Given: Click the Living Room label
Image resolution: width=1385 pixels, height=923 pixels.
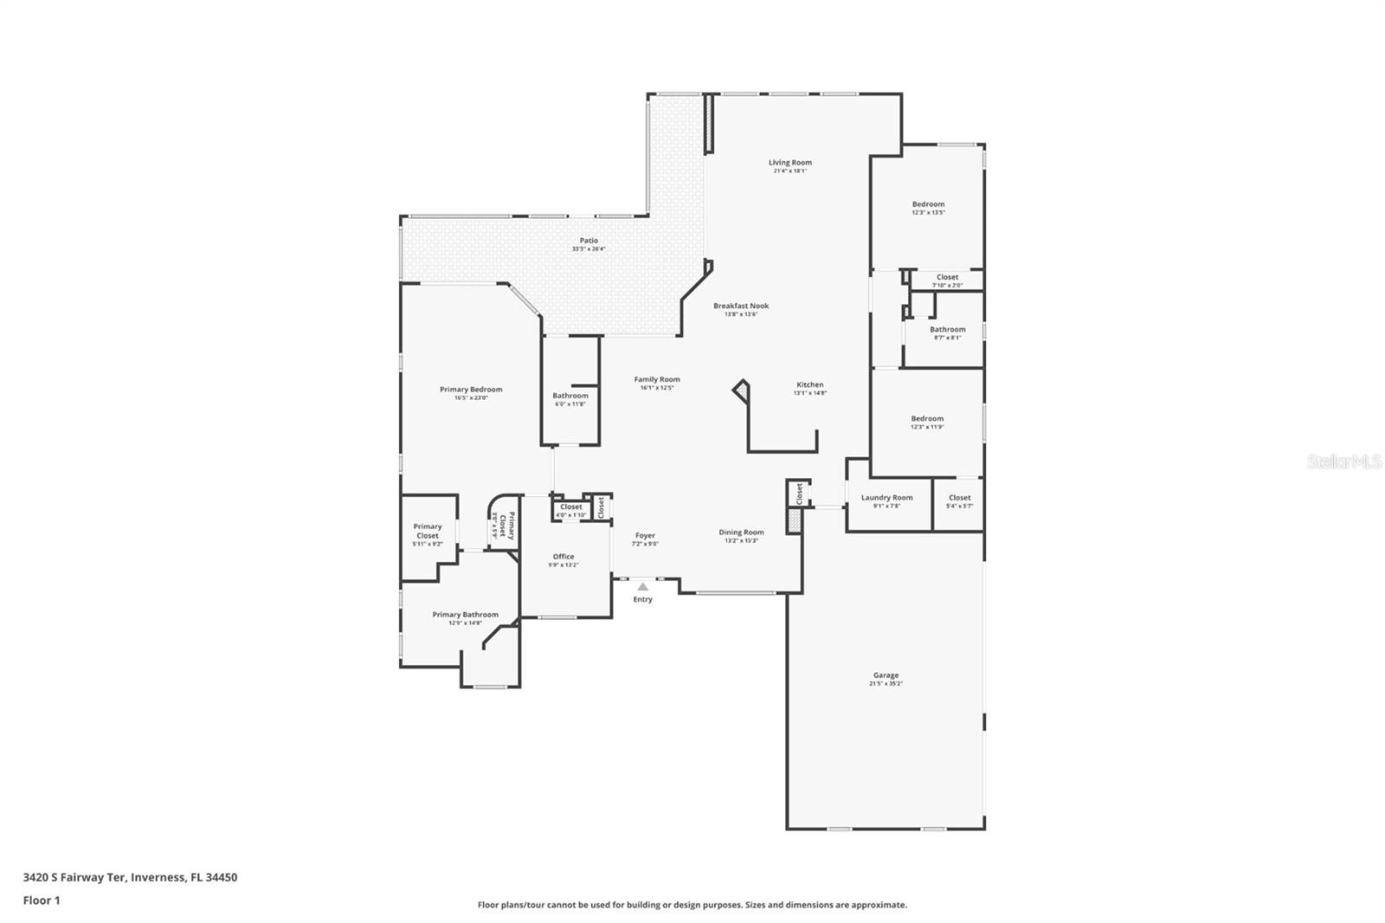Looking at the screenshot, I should pyautogui.click(x=789, y=162).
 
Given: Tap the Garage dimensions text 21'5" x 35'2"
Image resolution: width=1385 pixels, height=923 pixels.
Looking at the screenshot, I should pyautogui.click(x=886, y=684).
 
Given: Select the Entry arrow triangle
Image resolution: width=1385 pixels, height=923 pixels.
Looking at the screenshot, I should pyautogui.click(x=642, y=587).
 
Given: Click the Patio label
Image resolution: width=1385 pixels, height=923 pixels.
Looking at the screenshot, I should pyautogui.click(x=589, y=241).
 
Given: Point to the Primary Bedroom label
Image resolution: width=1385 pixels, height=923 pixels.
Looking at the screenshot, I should pyautogui.click(x=471, y=390).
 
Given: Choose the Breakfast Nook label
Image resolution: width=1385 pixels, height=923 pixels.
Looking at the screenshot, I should pyautogui.click(x=741, y=306).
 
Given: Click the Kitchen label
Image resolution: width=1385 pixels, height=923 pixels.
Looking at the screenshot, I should pyautogui.click(x=810, y=384).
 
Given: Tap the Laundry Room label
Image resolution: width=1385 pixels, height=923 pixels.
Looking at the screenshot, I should pyautogui.click(x=886, y=498).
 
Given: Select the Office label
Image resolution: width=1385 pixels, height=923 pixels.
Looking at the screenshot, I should pyautogui.click(x=564, y=557).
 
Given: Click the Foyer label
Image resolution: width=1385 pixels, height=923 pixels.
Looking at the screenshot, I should pyautogui.click(x=645, y=536).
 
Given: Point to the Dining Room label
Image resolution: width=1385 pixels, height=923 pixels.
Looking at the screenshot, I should pyautogui.click(x=741, y=532).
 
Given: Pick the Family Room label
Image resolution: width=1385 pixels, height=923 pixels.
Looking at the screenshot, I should pyautogui.click(x=657, y=379).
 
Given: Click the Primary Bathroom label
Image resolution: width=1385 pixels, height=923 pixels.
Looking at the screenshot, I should pyautogui.click(x=466, y=615).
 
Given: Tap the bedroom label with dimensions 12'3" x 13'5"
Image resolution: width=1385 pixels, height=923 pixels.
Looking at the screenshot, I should pyautogui.click(x=928, y=204).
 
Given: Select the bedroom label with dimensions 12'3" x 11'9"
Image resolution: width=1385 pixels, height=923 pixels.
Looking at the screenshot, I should pyautogui.click(x=927, y=419).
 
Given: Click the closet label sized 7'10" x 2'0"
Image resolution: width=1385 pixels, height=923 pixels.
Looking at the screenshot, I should pyautogui.click(x=947, y=278).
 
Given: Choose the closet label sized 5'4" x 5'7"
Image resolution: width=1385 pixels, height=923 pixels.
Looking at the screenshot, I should pyautogui.click(x=959, y=498).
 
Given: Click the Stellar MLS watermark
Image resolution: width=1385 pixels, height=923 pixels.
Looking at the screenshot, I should pyautogui.click(x=1343, y=462).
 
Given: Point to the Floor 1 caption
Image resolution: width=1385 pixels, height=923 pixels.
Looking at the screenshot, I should pyautogui.click(x=42, y=900).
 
